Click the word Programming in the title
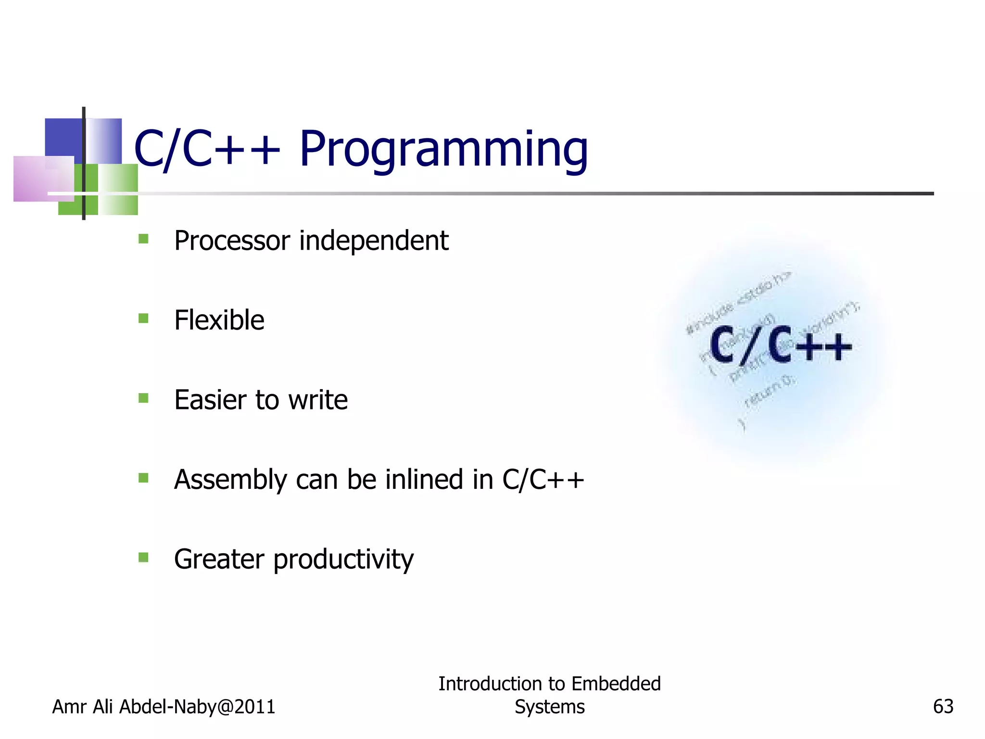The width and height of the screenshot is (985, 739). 443,150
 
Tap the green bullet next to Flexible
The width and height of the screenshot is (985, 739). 143,319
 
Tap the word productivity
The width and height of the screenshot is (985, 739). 343,560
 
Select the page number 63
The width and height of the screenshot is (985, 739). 943,706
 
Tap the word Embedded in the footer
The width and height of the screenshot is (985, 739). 616,684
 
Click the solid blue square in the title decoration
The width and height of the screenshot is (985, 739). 63,137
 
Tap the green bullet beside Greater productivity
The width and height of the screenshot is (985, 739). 143,558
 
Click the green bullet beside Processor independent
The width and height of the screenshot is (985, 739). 143,239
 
